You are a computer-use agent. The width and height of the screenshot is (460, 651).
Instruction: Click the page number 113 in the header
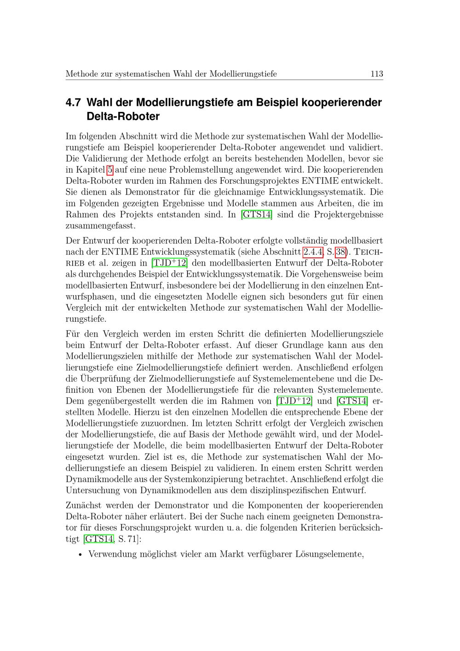(x=376, y=74)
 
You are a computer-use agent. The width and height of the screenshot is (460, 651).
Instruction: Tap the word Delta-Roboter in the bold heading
(x=123, y=116)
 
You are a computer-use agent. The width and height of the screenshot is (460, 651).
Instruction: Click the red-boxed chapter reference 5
(x=110, y=170)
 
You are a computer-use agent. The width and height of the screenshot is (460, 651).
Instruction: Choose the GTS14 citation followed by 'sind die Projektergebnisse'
(x=256, y=215)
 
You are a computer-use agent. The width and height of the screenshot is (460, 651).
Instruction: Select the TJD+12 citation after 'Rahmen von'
(x=294, y=401)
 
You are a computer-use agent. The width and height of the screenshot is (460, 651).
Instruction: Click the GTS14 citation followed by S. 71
(x=98, y=539)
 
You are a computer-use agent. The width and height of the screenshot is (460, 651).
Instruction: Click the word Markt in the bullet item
(x=231, y=554)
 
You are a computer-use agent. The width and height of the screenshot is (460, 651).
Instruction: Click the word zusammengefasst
(x=101, y=226)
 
